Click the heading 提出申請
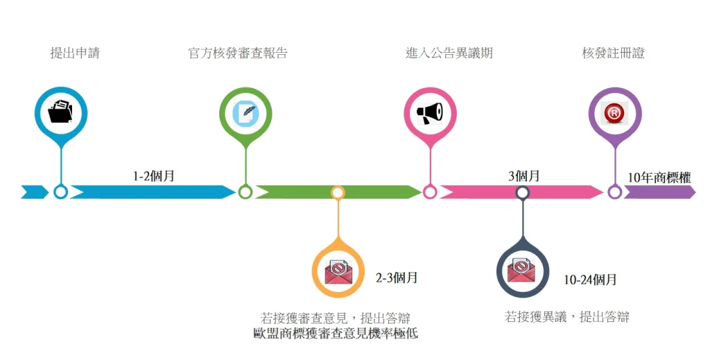click(x=75, y=53)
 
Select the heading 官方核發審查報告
click(x=238, y=53)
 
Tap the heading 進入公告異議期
click(x=449, y=53)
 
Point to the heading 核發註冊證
click(x=613, y=53)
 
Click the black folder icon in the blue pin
click(x=61, y=112)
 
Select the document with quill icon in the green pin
click(x=245, y=112)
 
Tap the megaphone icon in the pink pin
click(x=430, y=112)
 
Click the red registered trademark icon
click(x=614, y=112)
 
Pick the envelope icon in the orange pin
click(x=338, y=270)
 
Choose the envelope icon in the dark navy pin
click(x=523, y=270)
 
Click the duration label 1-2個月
click(x=154, y=176)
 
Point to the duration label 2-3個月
click(x=397, y=278)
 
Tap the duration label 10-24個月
click(x=590, y=280)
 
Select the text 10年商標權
click(x=659, y=178)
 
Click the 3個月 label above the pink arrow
click(x=524, y=176)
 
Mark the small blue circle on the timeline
click(x=61, y=192)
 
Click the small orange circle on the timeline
click(x=338, y=192)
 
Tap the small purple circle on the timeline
click(x=614, y=192)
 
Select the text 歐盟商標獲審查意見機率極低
click(x=336, y=334)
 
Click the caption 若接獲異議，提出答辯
click(x=567, y=317)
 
